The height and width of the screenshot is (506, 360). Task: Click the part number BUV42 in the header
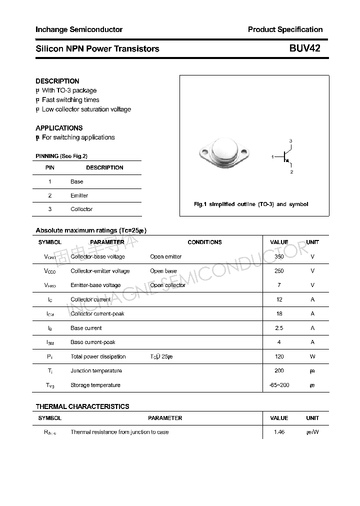point(304,48)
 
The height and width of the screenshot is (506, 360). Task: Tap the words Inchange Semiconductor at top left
point(79,29)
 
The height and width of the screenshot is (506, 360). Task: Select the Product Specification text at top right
point(285,29)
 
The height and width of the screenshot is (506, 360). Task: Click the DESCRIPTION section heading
point(57,81)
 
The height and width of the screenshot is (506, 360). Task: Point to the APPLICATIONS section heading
point(59,128)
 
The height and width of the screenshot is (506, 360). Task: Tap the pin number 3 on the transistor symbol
point(290,141)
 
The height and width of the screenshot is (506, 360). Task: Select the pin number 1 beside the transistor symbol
point(272,157)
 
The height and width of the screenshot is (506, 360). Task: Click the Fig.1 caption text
point(251,204)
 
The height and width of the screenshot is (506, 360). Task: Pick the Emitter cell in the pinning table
point(79,195)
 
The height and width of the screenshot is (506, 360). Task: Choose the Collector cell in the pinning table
point(81,209)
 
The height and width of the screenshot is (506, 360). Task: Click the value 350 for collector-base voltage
point(279,256)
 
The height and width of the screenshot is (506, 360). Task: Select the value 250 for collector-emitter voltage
point(279,271)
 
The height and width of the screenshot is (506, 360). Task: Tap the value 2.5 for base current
point(279,328)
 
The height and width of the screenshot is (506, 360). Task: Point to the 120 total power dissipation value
point(279,356)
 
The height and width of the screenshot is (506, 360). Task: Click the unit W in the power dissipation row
point(312,356)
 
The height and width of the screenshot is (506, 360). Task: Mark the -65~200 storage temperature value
point(279,385)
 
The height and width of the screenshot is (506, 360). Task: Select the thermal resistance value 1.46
point(279,432)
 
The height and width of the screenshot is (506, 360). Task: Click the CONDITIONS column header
point(204,242)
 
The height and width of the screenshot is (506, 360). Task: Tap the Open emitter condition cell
point(165,256)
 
